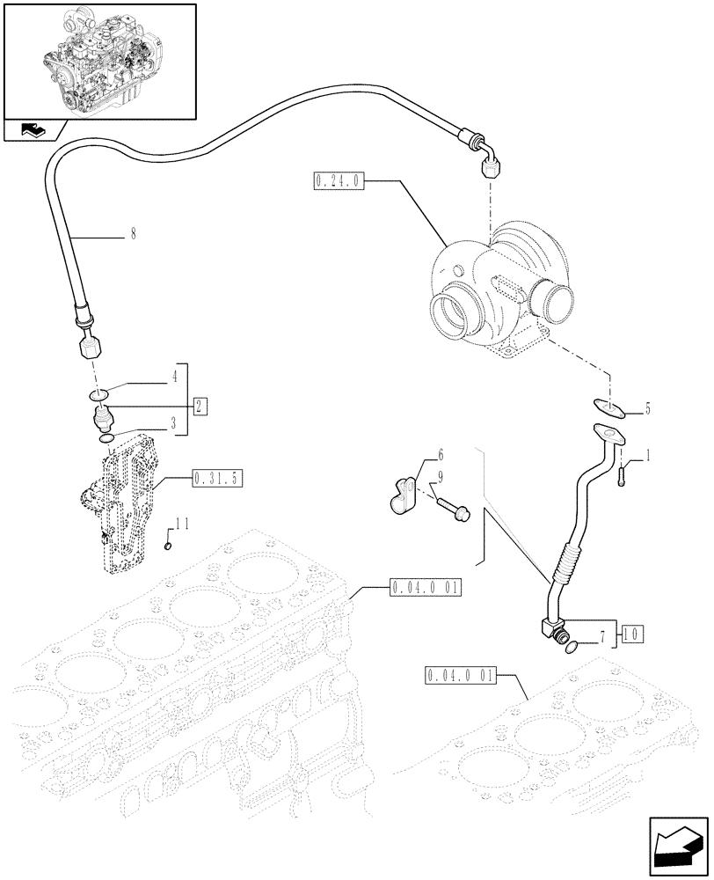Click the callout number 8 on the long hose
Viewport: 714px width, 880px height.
tap(132, 236)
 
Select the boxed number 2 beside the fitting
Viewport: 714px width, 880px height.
tap(200, 406)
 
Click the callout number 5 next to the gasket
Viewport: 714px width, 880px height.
tap(647, 407)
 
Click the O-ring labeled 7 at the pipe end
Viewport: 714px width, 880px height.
tap(572, 649)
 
